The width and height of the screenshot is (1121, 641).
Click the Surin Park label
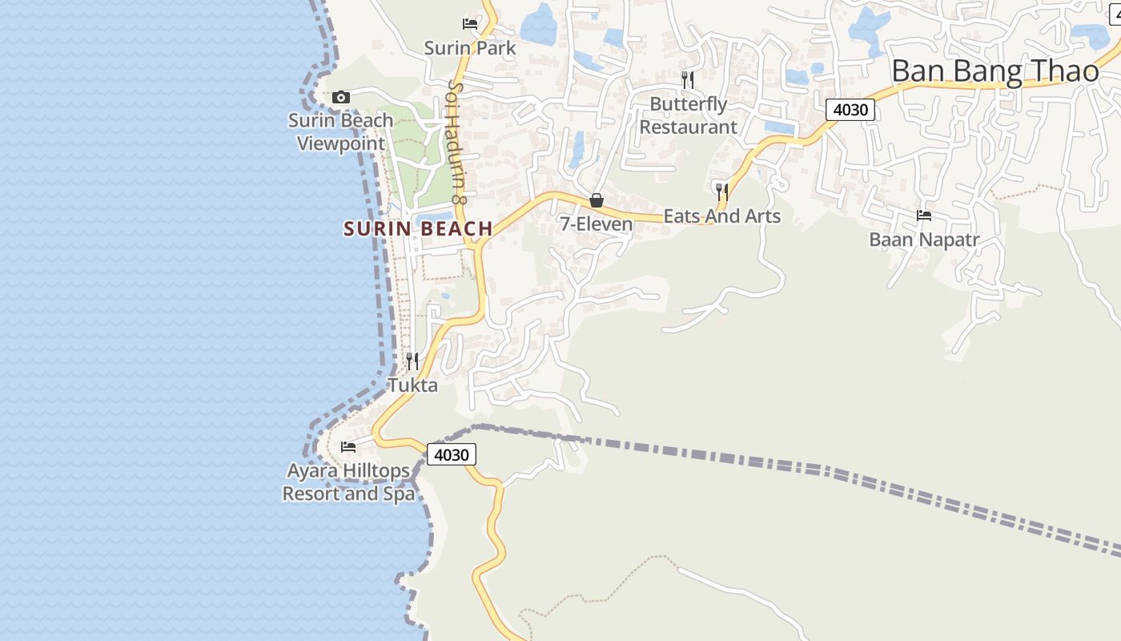[x=470, y=48]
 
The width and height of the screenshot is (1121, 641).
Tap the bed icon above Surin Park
[x=470, y=24]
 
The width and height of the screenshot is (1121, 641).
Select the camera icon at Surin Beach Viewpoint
[x=341, y=97]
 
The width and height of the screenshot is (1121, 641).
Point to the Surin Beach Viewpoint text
[x=341, y=132]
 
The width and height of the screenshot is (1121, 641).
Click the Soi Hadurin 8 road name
[x=457, y=141]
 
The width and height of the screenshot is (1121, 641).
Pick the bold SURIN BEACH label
[x=418, y=229]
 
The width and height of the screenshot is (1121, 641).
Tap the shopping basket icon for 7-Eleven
[x=597, y=200]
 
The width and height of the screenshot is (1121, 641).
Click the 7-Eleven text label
[x=597, y=224]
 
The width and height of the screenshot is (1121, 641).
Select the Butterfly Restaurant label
[x=689, y=115]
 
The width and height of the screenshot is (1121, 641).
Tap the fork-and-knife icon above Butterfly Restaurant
[x=688, y=79]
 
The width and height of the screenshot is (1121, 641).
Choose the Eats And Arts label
[x=722, y=216]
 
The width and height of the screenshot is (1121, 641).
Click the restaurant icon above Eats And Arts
[x=722, y=191]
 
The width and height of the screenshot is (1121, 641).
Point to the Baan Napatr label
[x=925, y=240]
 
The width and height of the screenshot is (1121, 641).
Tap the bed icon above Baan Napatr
[x=924, y=216]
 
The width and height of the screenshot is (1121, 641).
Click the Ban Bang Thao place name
[x=995, y=71]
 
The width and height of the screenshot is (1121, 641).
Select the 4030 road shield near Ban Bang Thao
[x=850, y=109]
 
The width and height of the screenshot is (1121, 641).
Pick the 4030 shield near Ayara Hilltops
[x=452, y=455]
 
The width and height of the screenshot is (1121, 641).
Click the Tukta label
[x=413, y=385]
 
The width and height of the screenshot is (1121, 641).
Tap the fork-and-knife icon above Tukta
[x=412, y=361]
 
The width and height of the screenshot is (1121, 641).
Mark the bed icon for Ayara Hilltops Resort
[x=348, y=446]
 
